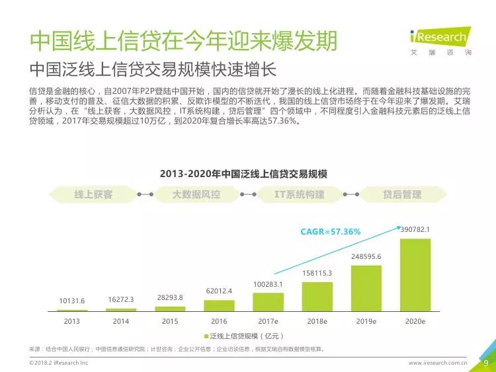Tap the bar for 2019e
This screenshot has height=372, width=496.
coord(366,288)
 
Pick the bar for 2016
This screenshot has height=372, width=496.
coord(219,305)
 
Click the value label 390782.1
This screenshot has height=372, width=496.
coord(415,230)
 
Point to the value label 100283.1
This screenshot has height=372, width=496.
coord(268,284)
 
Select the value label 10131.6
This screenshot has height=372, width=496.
coord(72,301)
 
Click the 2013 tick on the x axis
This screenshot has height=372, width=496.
coord(72,321)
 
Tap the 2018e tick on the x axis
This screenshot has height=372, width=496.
coord(317,321)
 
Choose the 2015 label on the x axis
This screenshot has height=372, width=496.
coord(170,321)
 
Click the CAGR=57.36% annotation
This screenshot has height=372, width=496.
coord(330,232)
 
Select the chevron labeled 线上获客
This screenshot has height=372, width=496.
coord(93,195)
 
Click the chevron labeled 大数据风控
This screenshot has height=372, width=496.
coord(196,195)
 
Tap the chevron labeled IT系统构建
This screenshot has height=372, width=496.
coord(300,195)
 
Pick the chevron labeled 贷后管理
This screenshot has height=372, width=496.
coord(401,195)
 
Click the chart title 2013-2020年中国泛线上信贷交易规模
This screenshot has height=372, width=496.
coord(248,174)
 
